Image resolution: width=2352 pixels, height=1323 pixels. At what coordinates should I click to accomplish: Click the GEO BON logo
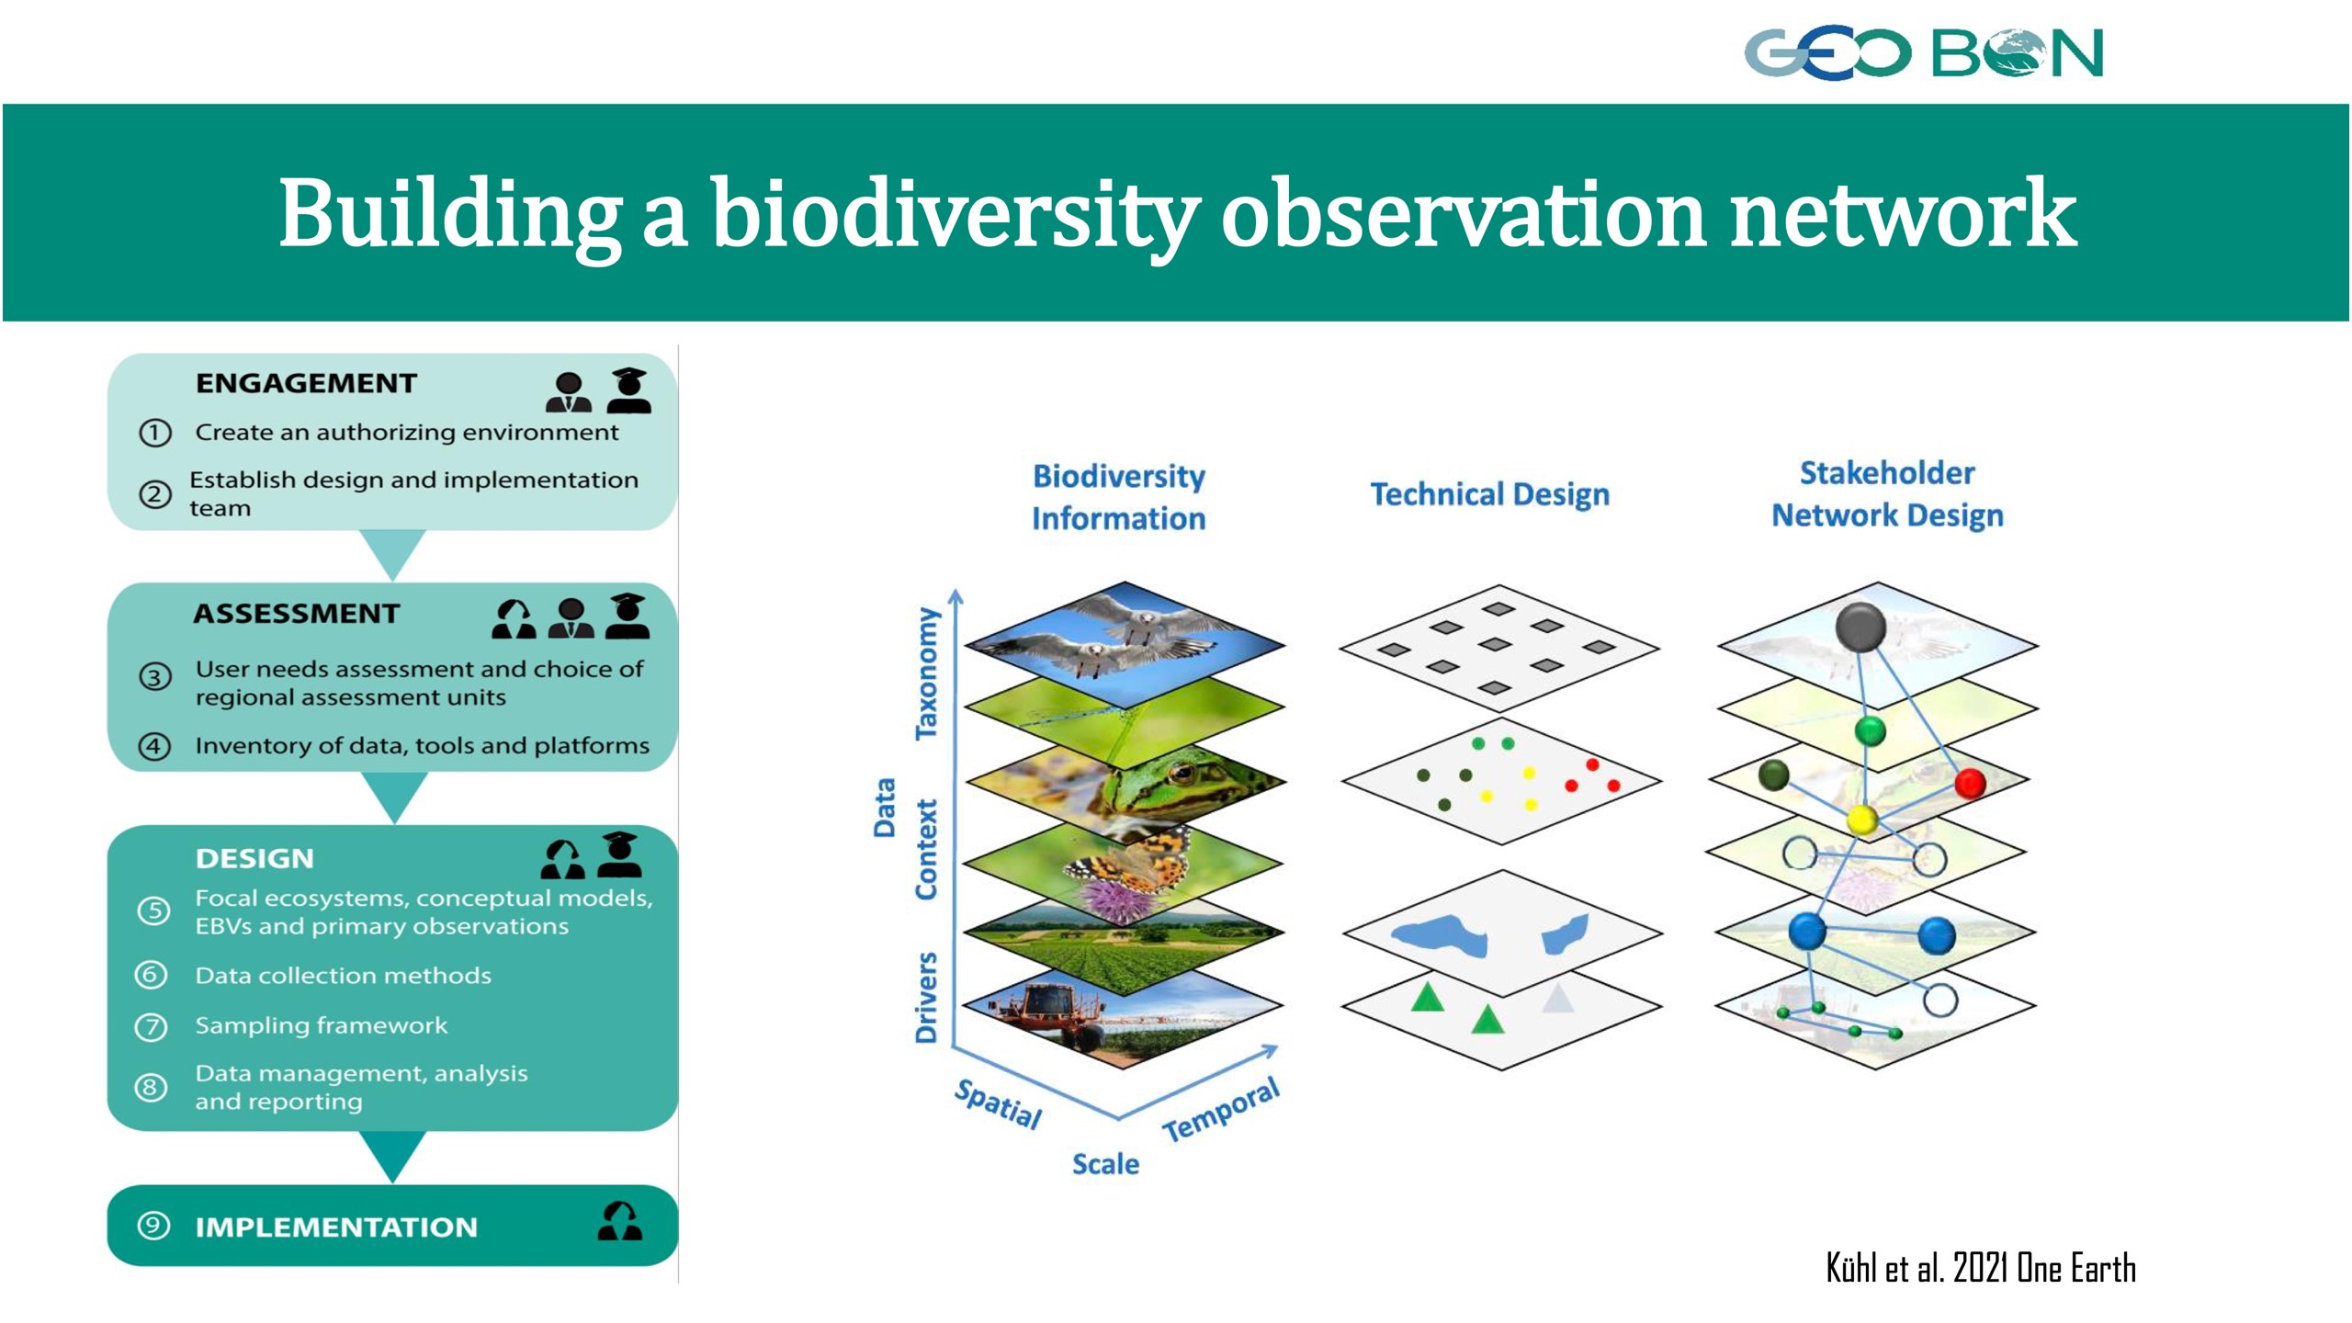(1923, 52)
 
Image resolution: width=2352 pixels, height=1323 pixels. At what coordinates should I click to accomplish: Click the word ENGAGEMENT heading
(306, 383)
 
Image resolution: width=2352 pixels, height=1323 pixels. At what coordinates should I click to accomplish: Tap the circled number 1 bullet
(155, 433)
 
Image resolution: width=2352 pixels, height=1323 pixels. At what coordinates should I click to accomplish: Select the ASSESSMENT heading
(297, 613)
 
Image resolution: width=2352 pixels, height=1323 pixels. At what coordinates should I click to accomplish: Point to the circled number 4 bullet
(154, 745)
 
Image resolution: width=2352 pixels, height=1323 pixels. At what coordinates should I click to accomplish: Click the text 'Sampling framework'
(322, 1024)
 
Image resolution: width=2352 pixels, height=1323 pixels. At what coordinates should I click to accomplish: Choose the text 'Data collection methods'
(343, 975)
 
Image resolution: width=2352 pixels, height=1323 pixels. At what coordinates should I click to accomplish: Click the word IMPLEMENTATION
(336, 1227)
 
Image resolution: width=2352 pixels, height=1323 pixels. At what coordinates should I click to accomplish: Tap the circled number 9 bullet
(153, 1226)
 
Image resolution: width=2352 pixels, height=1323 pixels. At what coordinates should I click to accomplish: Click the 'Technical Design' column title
(1489, 494)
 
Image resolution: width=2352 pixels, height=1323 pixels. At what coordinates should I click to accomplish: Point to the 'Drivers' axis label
(926, 997)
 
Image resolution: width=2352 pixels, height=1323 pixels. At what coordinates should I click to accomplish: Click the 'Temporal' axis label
(1221, 1110)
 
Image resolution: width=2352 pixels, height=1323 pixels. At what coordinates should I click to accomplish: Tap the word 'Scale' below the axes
(1105, 1164)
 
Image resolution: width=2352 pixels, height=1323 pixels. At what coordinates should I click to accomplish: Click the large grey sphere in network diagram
(1860, 628)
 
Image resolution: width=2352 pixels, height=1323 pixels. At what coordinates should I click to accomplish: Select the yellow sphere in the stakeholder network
(1862, 819)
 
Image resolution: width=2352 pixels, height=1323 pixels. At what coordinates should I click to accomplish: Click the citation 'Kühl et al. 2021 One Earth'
(1981, 1268)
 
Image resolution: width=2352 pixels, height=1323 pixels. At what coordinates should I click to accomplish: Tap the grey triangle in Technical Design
(1558, 998)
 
